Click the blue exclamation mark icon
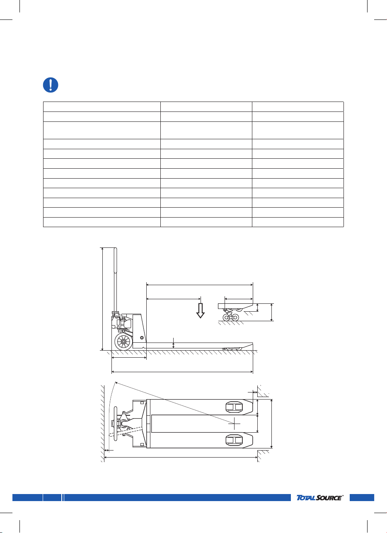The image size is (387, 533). [x=51, y=85]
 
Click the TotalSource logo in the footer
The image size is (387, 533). [x=319, y=497]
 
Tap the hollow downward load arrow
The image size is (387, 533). [x=200, y=310]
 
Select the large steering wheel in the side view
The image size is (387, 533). [x=123, y=342]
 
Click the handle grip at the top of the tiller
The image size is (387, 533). [x=115, y=260]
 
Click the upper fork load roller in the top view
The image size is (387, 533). [x=234, y=407]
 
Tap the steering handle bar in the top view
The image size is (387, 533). [x=116, y=424]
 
